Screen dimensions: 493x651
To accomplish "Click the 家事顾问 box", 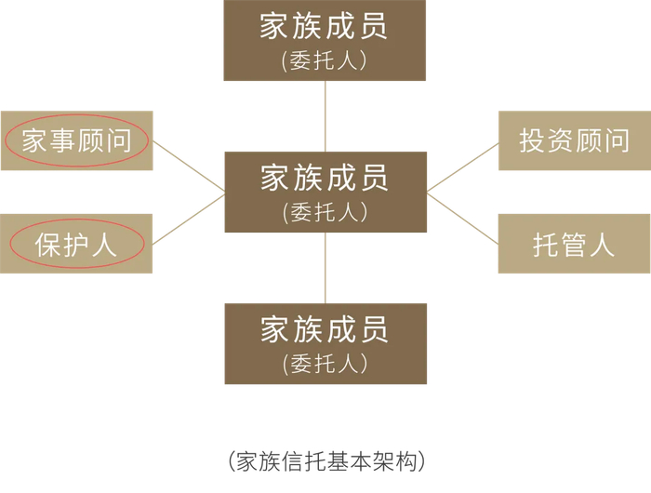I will (76, 140).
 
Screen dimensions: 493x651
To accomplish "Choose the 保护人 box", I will (76, 244).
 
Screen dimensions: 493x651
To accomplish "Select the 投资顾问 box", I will (574, 140).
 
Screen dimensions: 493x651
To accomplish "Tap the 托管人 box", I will (574, 244).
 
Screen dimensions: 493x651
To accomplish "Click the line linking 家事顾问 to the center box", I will (190, 167).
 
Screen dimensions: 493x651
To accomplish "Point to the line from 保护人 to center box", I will (190, 219).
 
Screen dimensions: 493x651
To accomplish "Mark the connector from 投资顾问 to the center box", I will (462, 167).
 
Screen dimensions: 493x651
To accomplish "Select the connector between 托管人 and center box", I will (462, 220).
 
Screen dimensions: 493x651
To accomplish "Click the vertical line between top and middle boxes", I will (325, 115).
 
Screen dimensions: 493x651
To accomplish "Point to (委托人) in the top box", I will (325, 60).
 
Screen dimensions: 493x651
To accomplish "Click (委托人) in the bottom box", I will (325, 363).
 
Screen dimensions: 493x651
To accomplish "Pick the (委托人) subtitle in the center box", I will (325, 212).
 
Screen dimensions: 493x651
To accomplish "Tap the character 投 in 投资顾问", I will (532, 140).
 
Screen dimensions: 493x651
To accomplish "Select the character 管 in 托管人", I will (574, 245).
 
